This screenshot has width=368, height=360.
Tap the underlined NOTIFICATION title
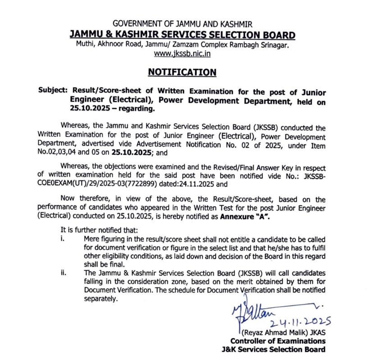point(182,72)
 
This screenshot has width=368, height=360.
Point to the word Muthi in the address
point(85,45)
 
